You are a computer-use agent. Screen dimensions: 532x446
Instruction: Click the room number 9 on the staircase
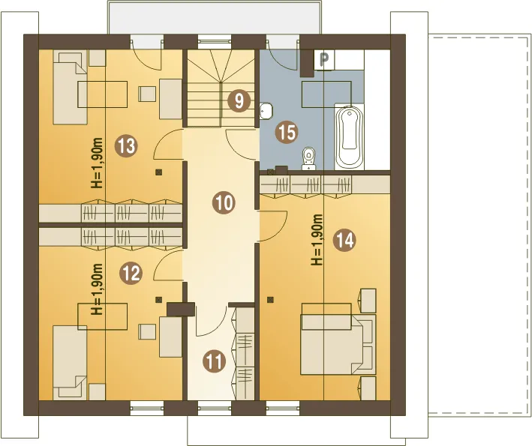[239, 100]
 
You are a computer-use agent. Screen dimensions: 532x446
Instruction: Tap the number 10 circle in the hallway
[224, 202]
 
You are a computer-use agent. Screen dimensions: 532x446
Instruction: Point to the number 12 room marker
[131, 273]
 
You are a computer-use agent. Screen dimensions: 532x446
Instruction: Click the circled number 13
[126, 146]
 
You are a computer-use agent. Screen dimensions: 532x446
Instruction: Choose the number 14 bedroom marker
[344, 241]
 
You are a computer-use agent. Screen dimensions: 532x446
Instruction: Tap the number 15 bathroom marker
[287, 132]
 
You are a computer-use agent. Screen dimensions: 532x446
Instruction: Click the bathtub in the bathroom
[349, 138]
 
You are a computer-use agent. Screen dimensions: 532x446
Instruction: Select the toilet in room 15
[308, 158]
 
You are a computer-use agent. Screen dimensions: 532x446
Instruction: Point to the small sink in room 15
[266, 111]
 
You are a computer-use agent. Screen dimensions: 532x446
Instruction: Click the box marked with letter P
[324, 60]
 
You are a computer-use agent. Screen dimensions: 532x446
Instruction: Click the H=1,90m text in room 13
[97, 163]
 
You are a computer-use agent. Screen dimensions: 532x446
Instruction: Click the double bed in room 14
[338, 345]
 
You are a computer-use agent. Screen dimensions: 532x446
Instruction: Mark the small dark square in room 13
[158, 172]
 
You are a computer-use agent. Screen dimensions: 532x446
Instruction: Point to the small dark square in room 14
[270, 299]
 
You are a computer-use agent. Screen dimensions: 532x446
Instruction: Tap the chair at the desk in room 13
[148, 94]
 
